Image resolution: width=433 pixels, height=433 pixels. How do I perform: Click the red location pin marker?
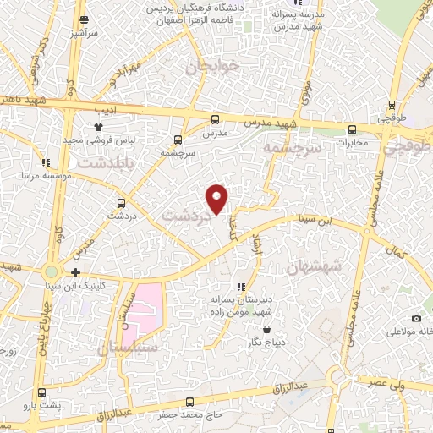click(217, 198)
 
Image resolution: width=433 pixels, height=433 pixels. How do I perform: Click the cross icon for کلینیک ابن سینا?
click(76, 271)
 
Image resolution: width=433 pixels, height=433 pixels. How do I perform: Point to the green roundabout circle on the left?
click(52, 271)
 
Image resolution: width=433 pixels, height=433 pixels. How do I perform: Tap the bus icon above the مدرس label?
click(215, 119)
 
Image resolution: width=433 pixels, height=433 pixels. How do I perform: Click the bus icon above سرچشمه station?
click(178, 140)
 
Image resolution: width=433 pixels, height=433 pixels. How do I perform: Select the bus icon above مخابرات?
click(352, 129)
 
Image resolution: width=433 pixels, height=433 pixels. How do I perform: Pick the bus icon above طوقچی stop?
click(391, 105)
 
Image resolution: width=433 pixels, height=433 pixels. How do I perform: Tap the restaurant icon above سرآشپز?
click(82, 19)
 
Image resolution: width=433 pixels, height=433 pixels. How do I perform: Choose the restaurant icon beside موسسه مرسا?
click(45, 162)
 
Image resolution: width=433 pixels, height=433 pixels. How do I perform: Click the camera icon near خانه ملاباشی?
click(416, 318)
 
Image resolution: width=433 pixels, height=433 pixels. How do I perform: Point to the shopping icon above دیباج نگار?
click(266, 329)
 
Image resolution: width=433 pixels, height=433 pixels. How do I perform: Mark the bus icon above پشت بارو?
click(42, 393)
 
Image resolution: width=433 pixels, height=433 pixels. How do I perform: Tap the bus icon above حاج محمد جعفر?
click(187, 402)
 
